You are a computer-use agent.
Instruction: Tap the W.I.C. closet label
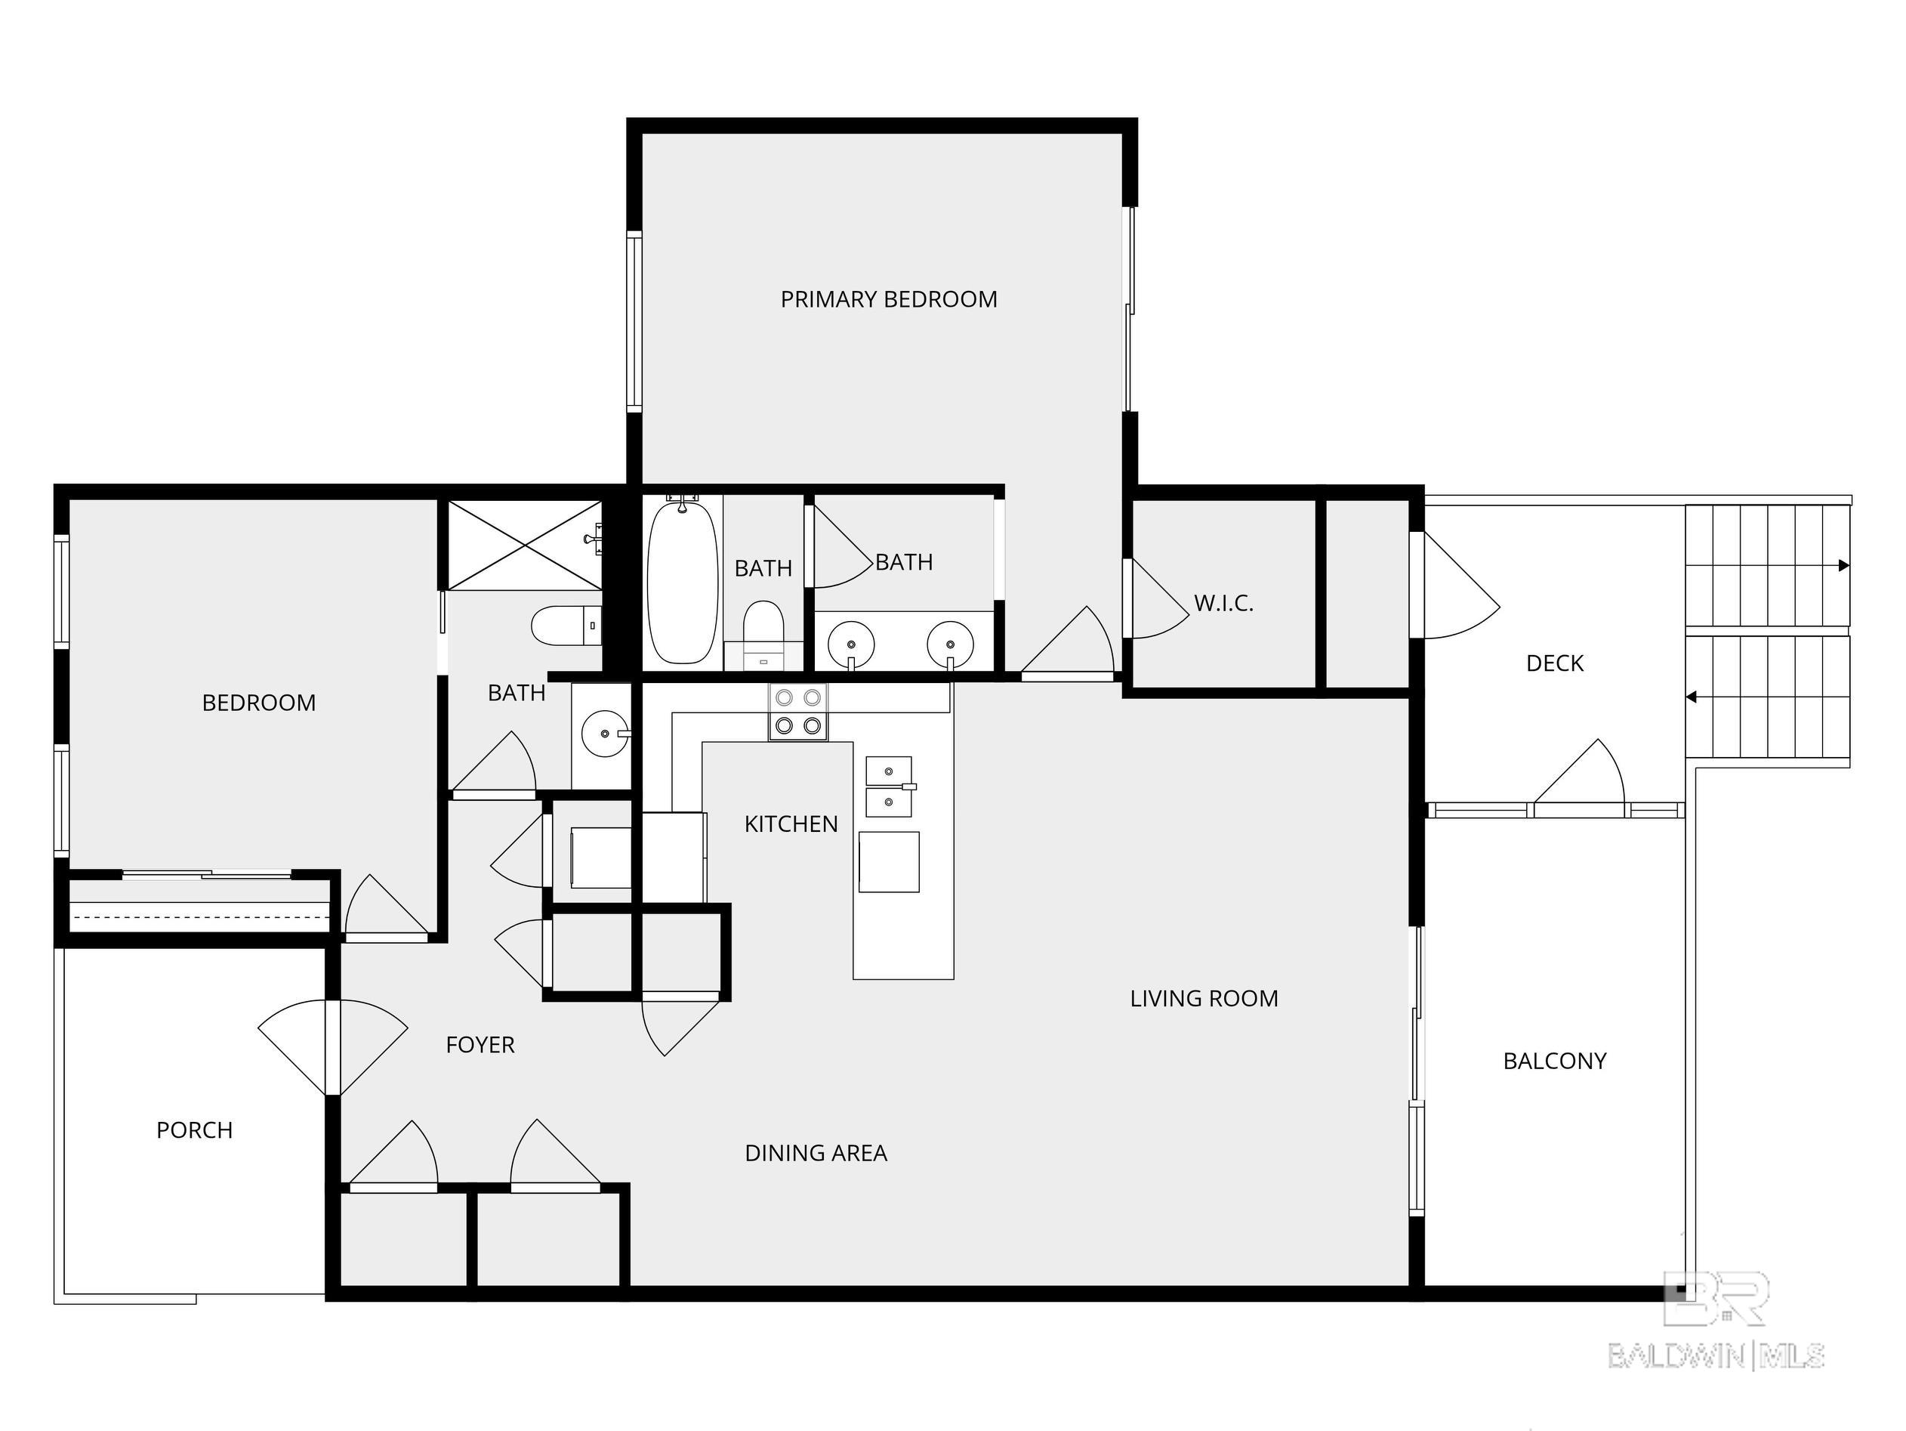1223,603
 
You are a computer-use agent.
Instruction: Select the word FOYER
480,1045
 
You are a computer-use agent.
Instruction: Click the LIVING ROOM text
1204,998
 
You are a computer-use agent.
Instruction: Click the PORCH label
194,1130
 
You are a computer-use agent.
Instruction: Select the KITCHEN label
791,824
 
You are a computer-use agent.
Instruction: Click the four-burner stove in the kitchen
798,712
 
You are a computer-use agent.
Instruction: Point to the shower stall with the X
524,546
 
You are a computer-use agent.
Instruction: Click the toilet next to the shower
566,625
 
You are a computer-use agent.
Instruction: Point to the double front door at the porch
332,1047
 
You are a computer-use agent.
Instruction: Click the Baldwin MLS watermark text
1716,1356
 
